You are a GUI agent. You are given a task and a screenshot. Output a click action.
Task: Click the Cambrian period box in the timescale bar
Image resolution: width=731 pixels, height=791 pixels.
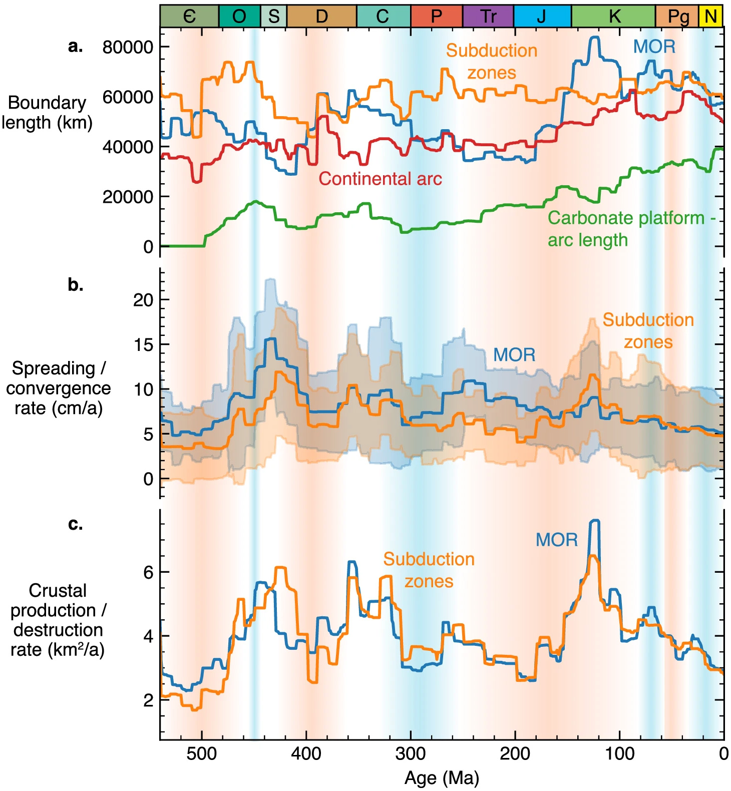pos(189,16)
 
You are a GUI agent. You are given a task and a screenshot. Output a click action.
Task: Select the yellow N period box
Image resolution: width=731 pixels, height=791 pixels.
pos(710,16)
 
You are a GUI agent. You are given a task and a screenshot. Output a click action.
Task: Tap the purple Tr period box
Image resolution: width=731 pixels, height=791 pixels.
pos(488,16)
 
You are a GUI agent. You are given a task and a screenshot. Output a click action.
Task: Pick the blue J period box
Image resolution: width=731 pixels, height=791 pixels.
pos(542,16)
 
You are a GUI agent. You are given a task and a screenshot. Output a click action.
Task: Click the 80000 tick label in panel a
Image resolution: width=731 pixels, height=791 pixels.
pos(128,47)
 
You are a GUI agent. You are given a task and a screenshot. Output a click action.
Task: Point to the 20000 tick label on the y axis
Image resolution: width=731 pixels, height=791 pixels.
pos(128,197)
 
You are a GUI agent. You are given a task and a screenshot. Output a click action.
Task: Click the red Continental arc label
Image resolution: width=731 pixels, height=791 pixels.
pos(380,179)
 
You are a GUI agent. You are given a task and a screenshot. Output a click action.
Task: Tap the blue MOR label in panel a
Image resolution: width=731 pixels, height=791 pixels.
pos(654,47)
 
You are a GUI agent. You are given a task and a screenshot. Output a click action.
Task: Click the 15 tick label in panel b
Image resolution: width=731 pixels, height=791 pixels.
pos(143,344)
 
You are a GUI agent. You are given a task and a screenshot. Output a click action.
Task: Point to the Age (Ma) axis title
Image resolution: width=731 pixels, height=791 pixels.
pos(442,778)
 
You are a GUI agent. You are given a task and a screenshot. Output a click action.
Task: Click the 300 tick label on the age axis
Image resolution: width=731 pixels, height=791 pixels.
pos(411,753)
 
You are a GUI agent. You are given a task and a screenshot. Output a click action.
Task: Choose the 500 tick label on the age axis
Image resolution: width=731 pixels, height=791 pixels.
pos(202,753)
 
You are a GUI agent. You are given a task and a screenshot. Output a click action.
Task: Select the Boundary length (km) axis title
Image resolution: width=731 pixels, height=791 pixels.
pos(47,112)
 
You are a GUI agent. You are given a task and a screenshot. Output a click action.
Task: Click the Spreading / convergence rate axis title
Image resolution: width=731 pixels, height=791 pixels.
pos(58,388)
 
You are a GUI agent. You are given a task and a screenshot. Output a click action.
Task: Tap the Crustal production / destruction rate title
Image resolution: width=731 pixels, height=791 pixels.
pos(58,620)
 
